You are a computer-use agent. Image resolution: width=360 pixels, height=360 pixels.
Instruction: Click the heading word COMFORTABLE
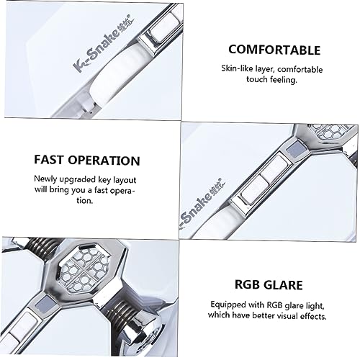(x=274, y=50)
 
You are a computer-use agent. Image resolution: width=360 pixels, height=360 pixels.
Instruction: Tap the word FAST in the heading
(x=49, y=160)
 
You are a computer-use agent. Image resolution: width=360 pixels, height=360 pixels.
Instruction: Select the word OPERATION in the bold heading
(x=104, y=161)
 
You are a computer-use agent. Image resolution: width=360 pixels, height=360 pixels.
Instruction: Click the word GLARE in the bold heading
(x=283, y=285)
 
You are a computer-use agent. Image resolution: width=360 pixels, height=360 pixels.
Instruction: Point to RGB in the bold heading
(x=247, y=284)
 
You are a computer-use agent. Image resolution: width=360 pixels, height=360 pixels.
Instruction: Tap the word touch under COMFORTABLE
(x=257, y=79)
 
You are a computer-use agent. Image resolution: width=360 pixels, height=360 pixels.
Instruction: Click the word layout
(x=125, y=180)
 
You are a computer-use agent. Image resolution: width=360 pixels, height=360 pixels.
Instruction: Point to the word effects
(x=314, y=316)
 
